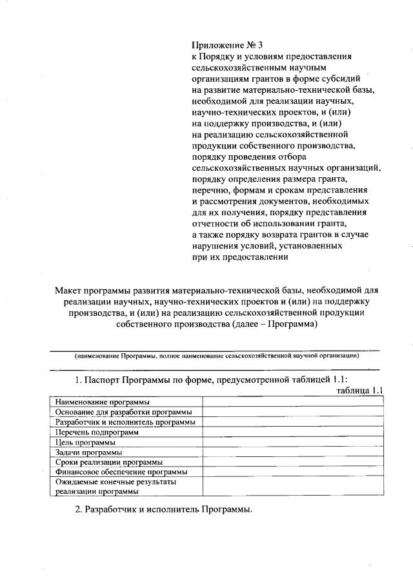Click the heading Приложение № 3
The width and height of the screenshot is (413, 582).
[228, 45]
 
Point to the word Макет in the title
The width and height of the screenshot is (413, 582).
[72, 290]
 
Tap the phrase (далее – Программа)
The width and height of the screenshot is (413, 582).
[271, 325]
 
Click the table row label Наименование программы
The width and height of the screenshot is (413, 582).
[98, 402]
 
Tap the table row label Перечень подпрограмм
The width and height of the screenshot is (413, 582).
[97, 432]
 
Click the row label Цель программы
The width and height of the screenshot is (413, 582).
[85, 442]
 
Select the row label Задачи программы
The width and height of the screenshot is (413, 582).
[88, 452]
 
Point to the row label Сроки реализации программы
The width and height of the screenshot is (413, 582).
[108, 462]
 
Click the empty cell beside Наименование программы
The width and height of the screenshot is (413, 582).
[294, 402]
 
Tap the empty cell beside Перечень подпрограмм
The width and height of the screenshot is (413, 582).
[294, 432]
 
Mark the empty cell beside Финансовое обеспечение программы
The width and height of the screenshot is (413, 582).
[294, 472]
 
